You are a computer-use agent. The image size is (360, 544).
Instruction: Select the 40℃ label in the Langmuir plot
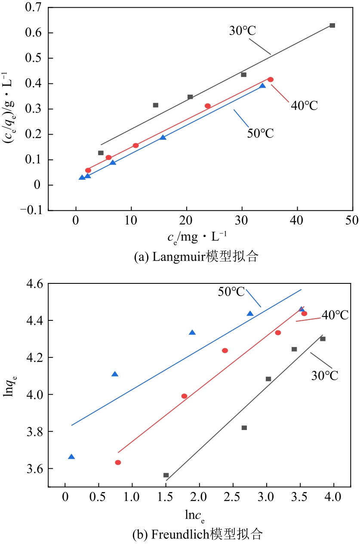pos(304,105)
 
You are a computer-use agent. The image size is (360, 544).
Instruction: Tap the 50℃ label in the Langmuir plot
pos(260,133)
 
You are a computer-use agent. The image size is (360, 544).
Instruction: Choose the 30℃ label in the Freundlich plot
pos(325,375)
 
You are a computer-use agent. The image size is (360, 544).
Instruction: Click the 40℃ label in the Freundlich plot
pos(335,315)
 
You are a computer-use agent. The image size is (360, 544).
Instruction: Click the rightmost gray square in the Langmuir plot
pos(332,25)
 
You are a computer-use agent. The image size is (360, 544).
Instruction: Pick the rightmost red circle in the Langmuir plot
pos(271,80)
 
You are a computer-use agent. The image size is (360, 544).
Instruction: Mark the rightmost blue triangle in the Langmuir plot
pos(262,86)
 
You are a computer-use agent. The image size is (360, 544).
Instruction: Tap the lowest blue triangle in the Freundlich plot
pos(71,457)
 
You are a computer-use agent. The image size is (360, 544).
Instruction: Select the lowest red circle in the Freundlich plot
pos(118,462)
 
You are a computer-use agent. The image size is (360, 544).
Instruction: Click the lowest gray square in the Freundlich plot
pos(166,475)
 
